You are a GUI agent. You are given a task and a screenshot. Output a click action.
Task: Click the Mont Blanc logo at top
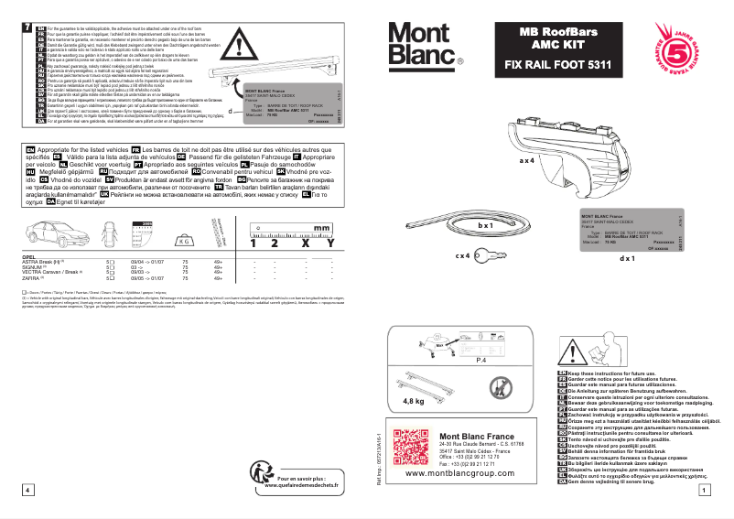[x=426, y=43]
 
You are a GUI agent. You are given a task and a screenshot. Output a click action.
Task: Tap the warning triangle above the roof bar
[x=240, y=41]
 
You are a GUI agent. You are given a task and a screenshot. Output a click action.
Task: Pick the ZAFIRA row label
[x=32, y=278]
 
